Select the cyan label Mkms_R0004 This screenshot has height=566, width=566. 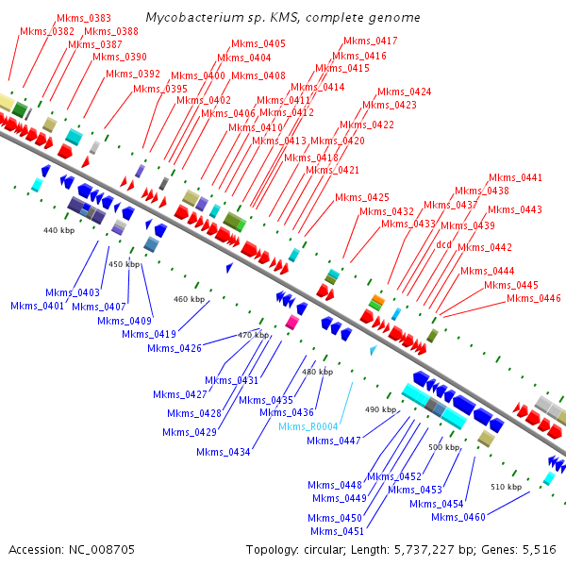(308, 426)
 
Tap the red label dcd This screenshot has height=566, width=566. (443, 244)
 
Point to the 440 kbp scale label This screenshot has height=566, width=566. (58, 229)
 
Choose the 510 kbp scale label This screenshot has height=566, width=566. (506, 487)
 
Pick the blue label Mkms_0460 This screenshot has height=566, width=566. (458, 516)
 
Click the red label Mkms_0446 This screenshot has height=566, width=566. (534, 298)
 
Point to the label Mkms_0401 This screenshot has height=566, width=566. (38, 306)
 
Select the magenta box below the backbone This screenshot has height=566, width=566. (292, 322)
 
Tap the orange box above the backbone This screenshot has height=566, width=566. (376, 300)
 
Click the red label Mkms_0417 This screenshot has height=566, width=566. (371, 41)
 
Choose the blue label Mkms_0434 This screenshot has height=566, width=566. (224, 452)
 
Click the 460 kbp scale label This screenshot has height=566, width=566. (189, 299)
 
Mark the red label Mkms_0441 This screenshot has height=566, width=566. (515, 177)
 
